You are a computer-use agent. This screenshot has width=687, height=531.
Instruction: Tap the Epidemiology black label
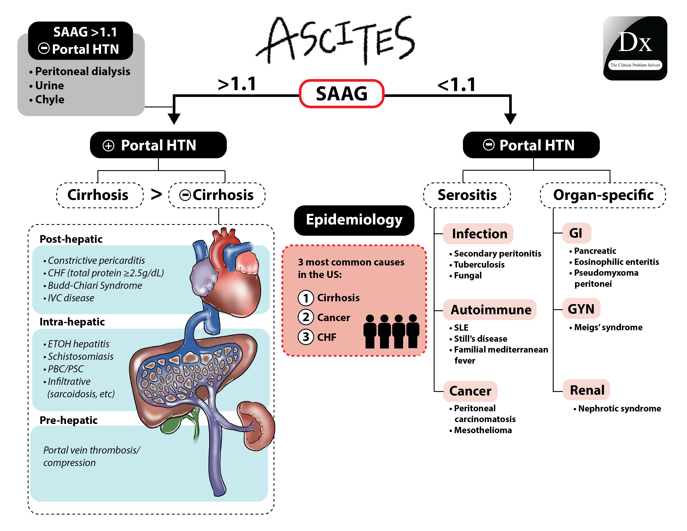point(354,220)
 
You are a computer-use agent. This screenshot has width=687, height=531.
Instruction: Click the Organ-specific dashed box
point(603,195)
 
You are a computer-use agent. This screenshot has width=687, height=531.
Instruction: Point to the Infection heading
point(479,234)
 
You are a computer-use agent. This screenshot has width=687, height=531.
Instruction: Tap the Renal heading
point(587,390)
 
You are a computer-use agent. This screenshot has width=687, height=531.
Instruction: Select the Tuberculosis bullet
point(479,264)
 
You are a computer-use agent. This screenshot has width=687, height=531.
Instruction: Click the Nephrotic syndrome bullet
point(619,409)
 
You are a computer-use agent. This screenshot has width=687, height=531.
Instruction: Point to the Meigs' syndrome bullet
point(608,328)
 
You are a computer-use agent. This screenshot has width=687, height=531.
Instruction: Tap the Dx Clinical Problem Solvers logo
point(635,48)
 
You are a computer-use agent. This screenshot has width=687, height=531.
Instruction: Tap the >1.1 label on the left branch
point(237,84)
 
